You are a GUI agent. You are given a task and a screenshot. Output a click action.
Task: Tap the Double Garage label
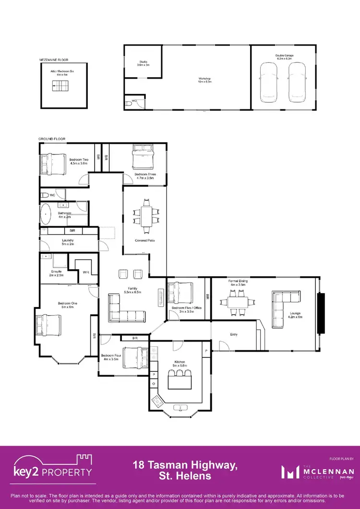click(x=284, y=57)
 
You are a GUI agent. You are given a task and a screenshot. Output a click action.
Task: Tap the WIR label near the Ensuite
click(x=86, y=272)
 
